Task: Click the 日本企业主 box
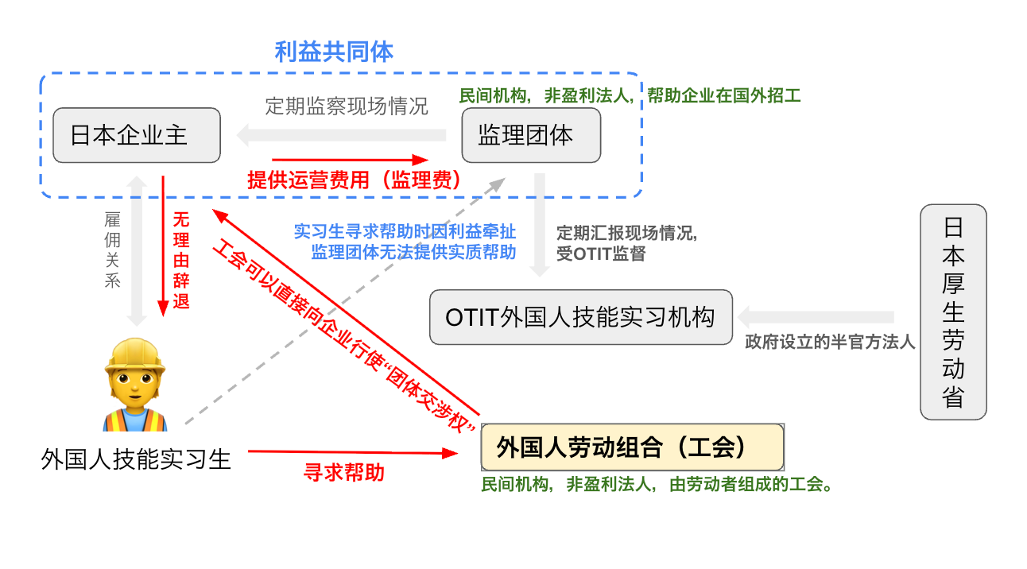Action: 136,135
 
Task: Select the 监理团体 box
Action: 531,135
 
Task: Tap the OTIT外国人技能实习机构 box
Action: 580,317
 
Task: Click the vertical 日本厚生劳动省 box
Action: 953,312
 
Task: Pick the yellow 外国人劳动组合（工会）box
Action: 632,447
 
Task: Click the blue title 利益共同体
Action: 334,52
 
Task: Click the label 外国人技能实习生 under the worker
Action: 136,459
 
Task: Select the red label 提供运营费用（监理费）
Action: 355,180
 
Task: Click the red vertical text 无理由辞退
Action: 181,260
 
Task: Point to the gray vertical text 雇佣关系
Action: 112,250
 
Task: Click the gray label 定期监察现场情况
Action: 347,106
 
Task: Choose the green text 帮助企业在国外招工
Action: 723,96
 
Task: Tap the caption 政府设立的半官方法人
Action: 830,343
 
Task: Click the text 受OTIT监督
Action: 601,254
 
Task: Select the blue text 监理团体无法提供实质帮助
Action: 413,252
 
